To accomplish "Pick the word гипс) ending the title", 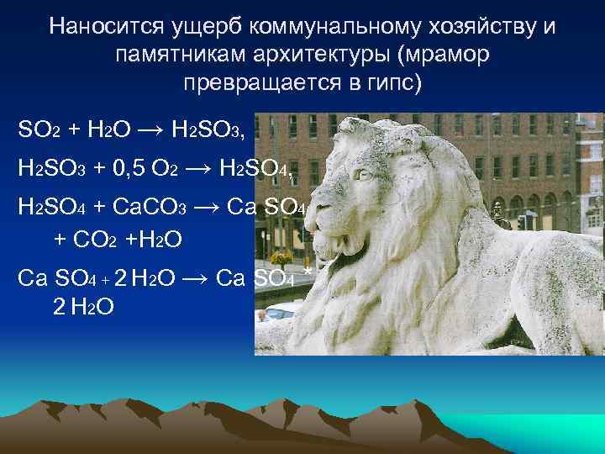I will pyautogui.click(x=394, y=85).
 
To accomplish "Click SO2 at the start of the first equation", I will pyautogui.click(x=38, y=131).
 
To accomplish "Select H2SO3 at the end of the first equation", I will pyautogui.click(x=206, y=131).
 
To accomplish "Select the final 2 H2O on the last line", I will pyautogui.click(x=83, y=307).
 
